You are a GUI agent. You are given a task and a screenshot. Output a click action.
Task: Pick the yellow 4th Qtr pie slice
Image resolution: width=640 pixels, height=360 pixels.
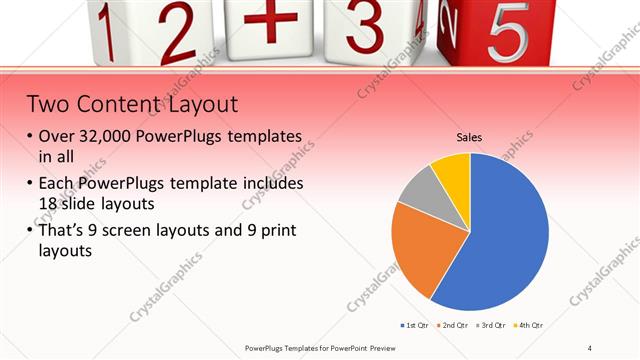coord(452,172)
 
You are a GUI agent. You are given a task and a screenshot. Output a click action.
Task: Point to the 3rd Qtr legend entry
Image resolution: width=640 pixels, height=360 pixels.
coord(492,326)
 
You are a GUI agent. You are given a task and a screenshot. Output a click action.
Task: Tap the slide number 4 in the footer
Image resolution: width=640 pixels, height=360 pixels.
coord(590,347)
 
